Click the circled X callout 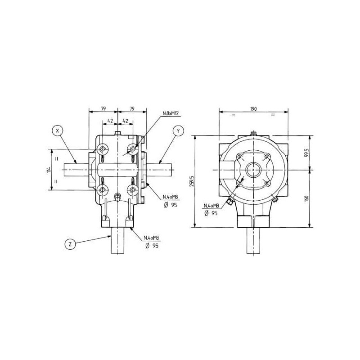click(58, 130)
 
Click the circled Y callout click(178, 131)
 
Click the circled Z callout click(70, 244)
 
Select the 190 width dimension click(253, 109)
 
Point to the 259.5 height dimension click(192, 181)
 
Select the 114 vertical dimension click(49, 170)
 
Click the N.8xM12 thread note click(171, 113)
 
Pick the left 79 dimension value click(103, 108)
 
